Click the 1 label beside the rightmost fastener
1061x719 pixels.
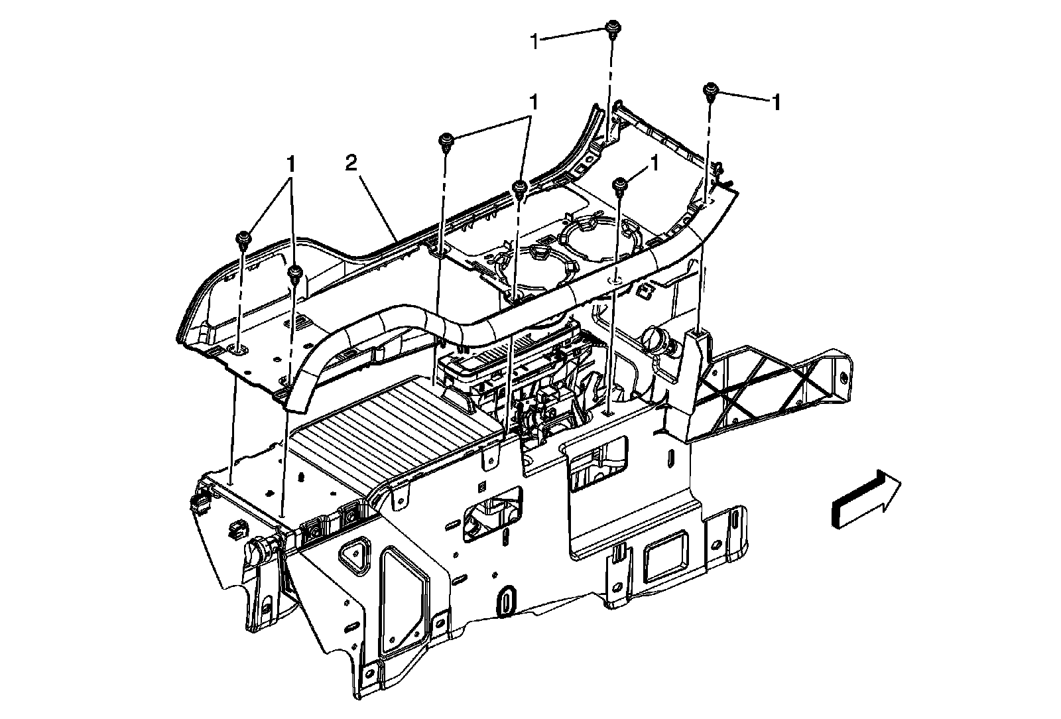[774, 102]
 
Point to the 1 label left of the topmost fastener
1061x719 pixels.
[535, 41]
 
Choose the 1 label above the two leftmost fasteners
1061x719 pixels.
[290, 163]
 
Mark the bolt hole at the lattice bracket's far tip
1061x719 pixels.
[843, 377]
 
